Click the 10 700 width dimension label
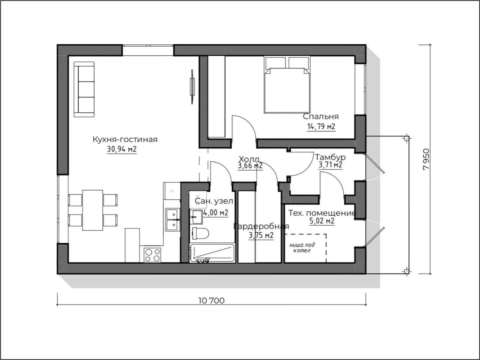pyautogui.click(x=211, y=301)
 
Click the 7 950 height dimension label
pyautogui.click(x=426, y=159)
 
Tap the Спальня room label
pyautogui.click(x=321, y=116)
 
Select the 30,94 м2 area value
pyautogui.click(x=122, y=149)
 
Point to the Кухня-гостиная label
pyautogui.click(x=125, y=139)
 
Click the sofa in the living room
pyautogui.click(x=84, y=89)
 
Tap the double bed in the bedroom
pyautogui.click(x=287, y=85)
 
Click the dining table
pyautogui.click(x=93, y=210)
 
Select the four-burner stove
pyautogui.click(x=152, y=255)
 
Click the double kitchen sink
pyautogui.click(x=173, y=220)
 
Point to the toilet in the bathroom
pyautogui.click(x=200, y=233)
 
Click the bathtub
pyautogui.click(x=212, y=253)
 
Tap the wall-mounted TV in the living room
pyautogui.click(x=192, y=87)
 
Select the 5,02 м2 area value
pyautogui.click(x=322, y=221)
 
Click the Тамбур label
pyautogui.click(x=330, y=157)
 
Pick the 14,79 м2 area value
pyautogui.click(x=321, y=126)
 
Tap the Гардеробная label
pyautogui.click(x=261, y=226)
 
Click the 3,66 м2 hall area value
pyautogui.click(x=250, y=166)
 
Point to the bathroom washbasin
pyautogui.click(x=196, y=217)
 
